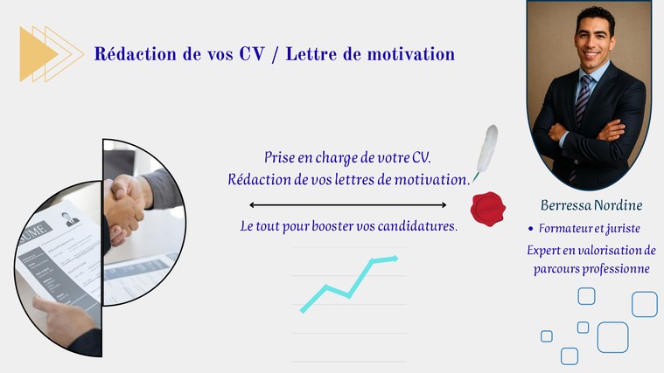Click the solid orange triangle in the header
coord(35,53)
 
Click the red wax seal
coord(488,209)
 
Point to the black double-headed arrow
coord(347,205)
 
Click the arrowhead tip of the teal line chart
coord(397,258)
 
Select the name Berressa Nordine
coord(591,205)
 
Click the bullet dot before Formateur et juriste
coord(531,229)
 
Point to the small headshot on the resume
coord(69,219)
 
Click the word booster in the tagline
coord(332,226)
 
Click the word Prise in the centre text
coord(279,157)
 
